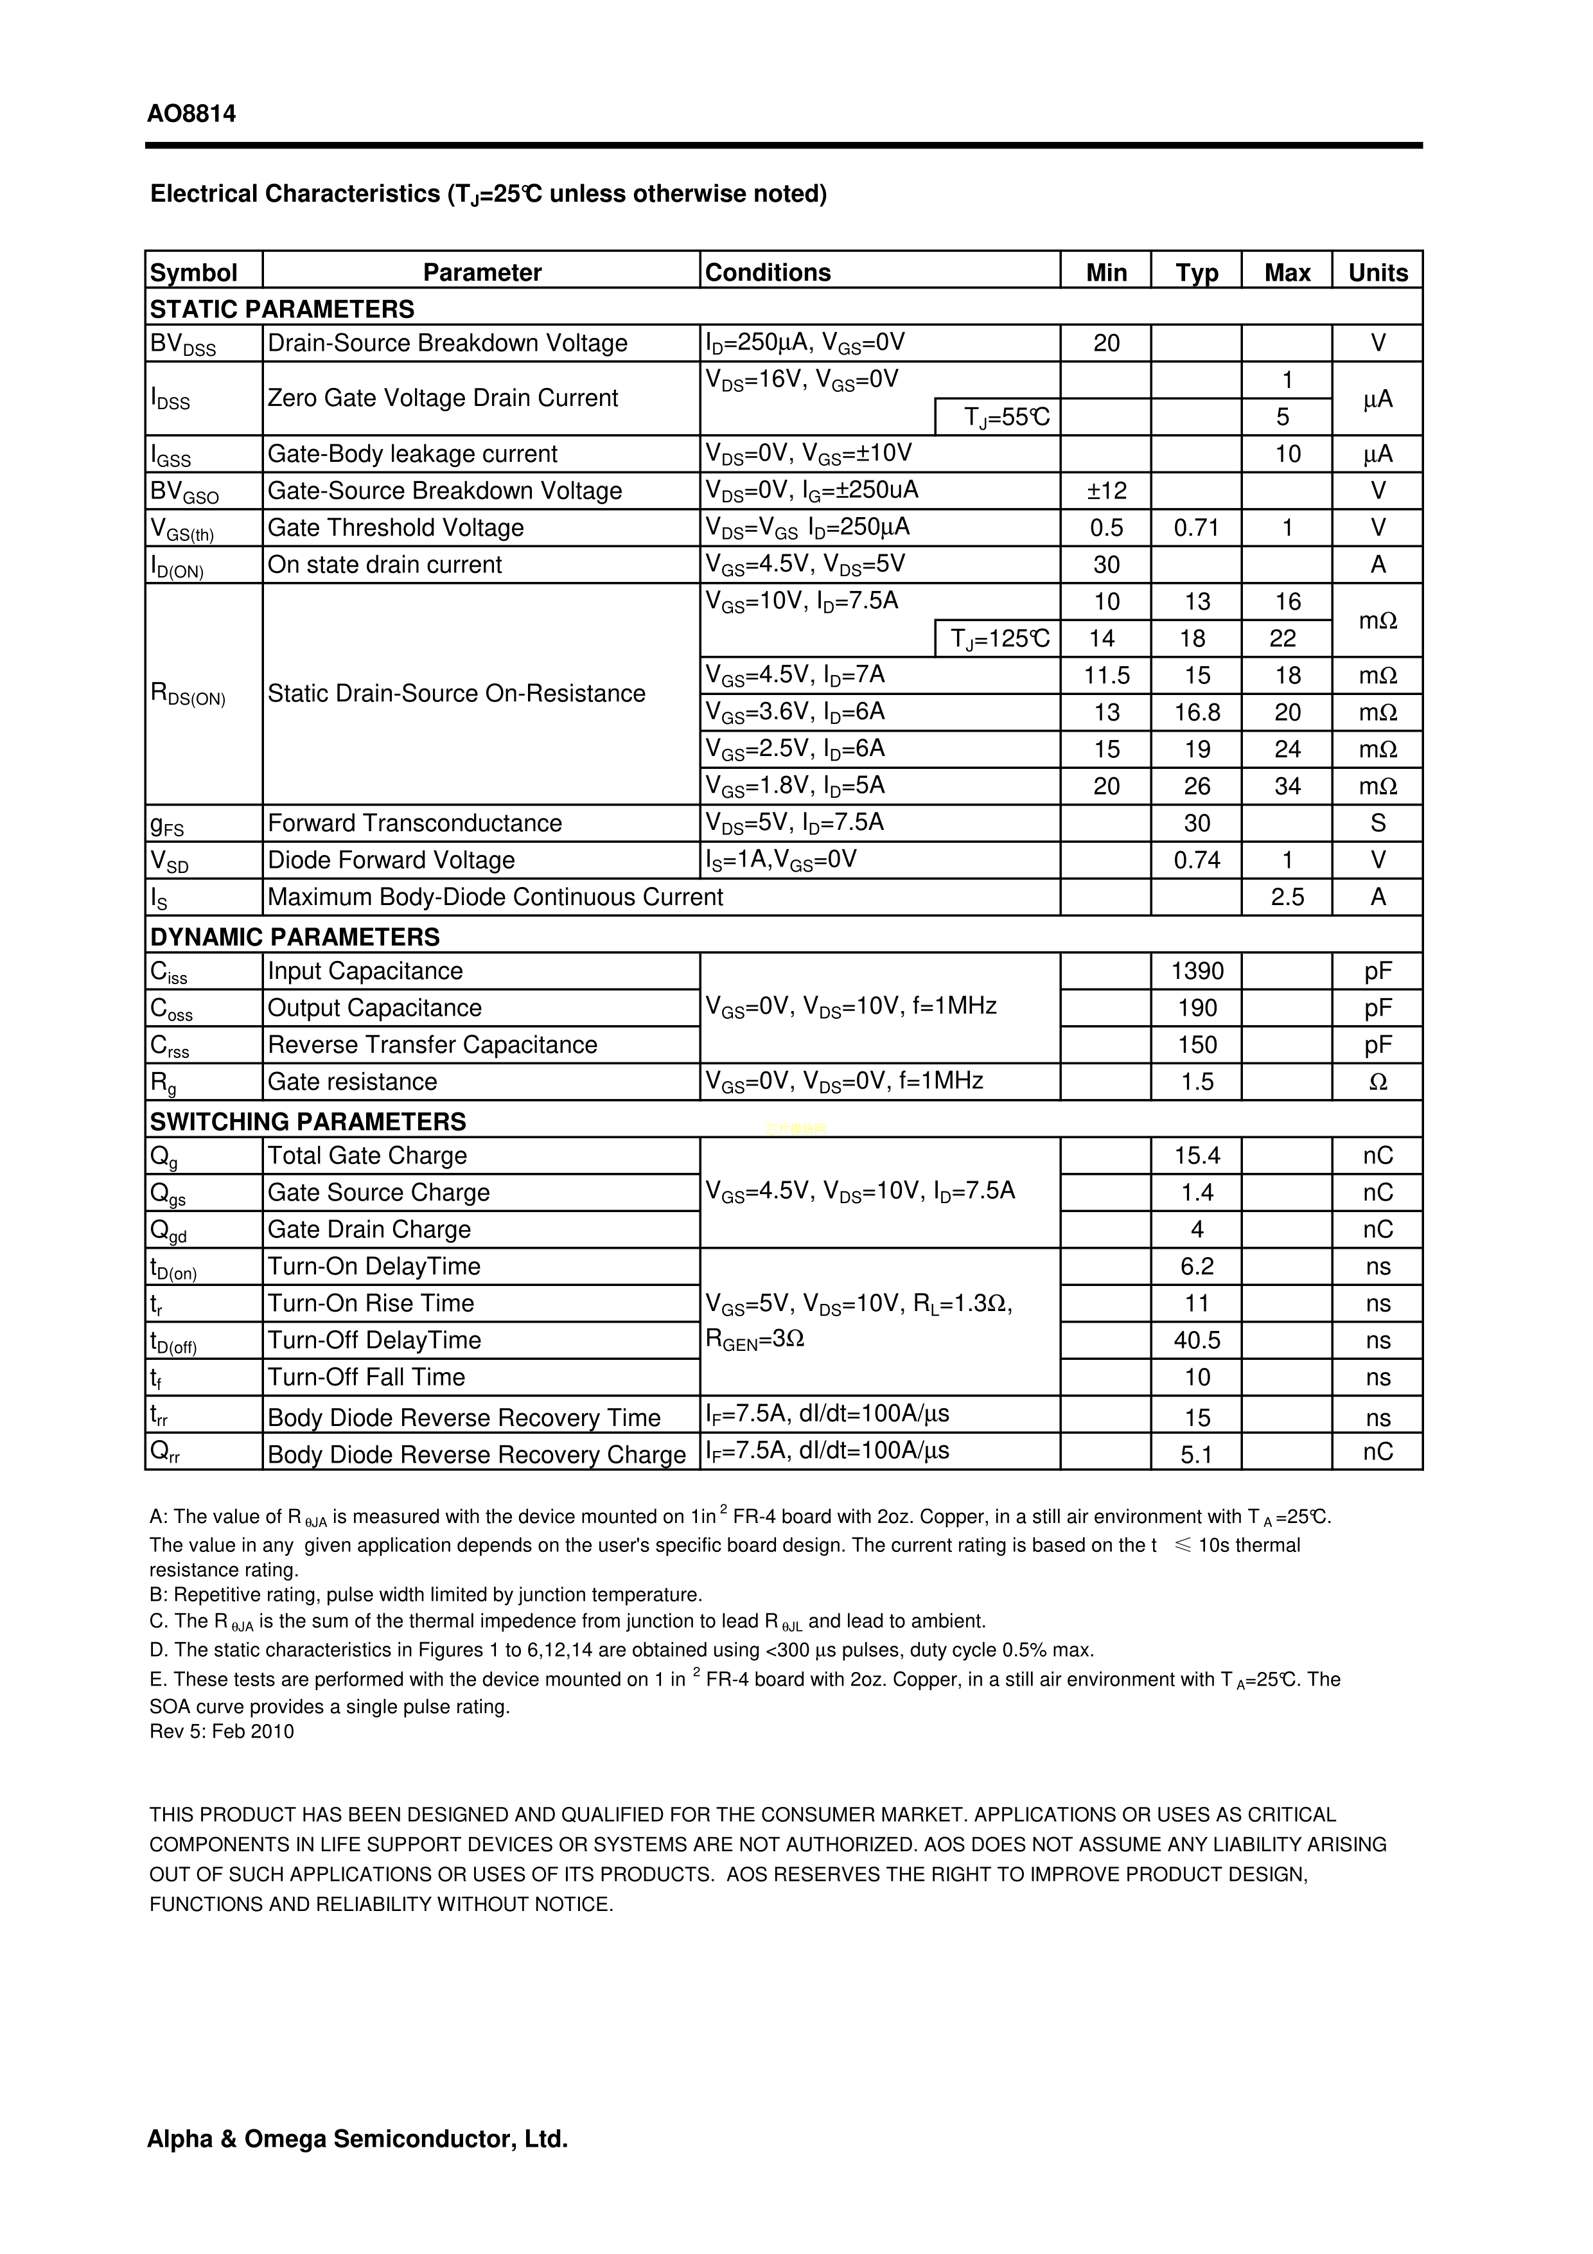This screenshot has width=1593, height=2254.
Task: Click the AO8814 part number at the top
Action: coord(191,114)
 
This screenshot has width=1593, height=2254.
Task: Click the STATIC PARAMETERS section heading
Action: coord(282,309)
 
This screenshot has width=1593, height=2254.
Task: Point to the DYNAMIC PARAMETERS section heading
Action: coord(294,937)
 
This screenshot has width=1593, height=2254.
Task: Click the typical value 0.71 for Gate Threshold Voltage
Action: coord(1197,528)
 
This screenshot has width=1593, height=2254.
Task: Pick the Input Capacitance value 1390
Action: coord(1197,971)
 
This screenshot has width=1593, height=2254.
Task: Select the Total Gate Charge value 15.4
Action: coord(1197,1156)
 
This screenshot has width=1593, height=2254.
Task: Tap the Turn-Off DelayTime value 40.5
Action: coord(1197,1340)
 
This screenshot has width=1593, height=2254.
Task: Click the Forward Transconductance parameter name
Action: coord(414,823)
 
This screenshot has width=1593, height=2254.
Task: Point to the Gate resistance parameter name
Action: coord(353,1082)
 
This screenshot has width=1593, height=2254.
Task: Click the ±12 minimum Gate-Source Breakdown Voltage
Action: coord(1106,491)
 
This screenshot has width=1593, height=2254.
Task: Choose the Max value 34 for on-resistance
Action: coord(1287,786)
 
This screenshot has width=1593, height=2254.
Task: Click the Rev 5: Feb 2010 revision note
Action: coord(222,1730)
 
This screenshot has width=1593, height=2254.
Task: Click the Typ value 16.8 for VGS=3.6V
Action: coord(1197,713)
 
